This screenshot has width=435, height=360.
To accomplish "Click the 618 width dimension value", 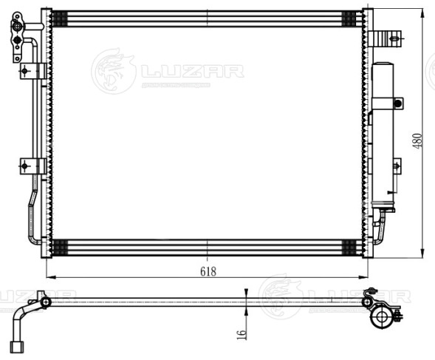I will pos(208,271).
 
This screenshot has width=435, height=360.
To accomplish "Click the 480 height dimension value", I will pos(417,140).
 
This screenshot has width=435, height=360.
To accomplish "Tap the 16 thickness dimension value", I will pos(240,334).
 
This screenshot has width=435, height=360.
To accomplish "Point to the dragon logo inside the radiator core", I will pos(113,72).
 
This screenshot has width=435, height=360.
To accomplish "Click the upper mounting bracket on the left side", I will pos(32,71).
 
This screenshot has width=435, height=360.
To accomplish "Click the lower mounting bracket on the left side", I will pos(32,166).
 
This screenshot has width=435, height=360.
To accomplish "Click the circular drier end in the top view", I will pos(382,317).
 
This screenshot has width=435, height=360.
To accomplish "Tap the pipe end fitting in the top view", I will pos(20,344).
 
